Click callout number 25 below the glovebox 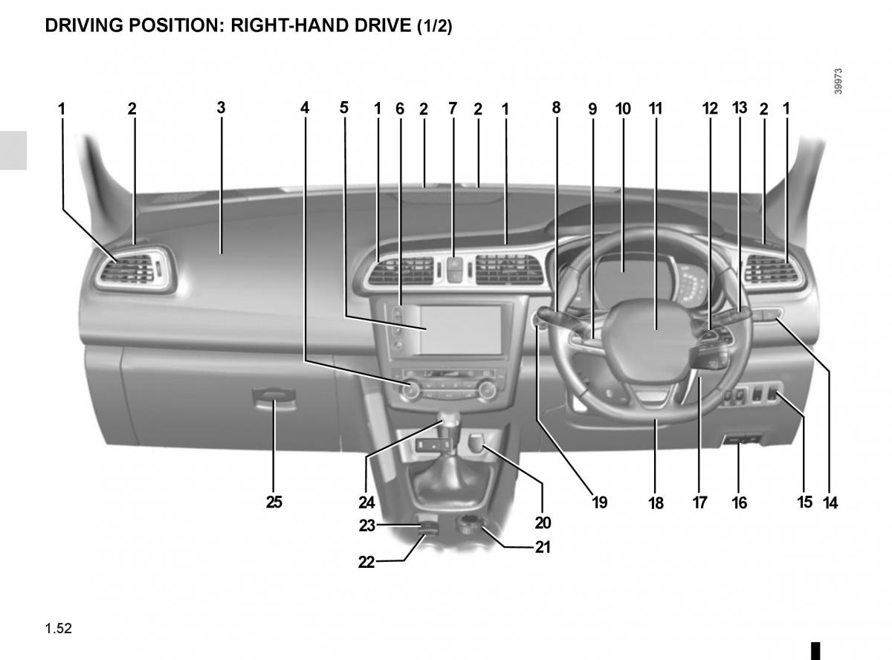point(274,502)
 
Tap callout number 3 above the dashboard point(222,108)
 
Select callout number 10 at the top point(623,109)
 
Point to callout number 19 point(600,502)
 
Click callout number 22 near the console point(366,562)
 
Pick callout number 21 point(543,547)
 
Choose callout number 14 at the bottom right point(830,502)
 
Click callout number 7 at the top point(453,109)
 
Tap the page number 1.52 point(59,628)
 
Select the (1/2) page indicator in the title point(435,26)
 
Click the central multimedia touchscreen point(462,330)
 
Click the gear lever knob point(450,422)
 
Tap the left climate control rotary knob point(410,389)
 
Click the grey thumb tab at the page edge point(13,150)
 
